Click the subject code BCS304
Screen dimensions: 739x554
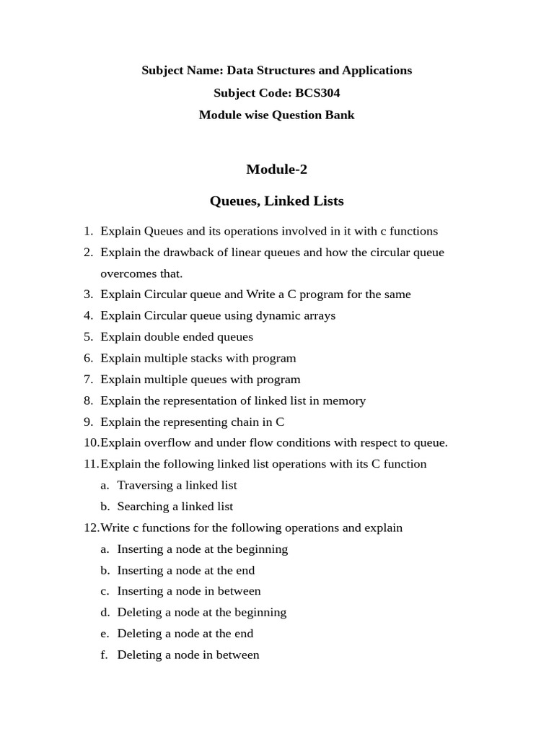(317, 93)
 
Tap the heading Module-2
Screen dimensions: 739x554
(276, 170)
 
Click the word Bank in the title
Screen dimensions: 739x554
(338, 115)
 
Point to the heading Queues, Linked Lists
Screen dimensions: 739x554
(276, 201)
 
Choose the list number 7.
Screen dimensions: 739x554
(88, 380)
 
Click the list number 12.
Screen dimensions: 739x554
(91, 528)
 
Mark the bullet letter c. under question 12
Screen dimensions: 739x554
(105, 591)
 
